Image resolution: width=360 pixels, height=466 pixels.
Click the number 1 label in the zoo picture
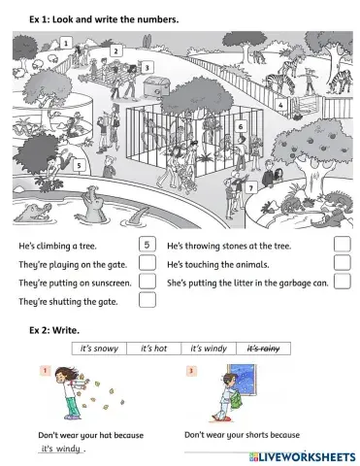(x=64, y=44)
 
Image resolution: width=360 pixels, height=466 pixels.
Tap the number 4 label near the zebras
(x=280, y=105)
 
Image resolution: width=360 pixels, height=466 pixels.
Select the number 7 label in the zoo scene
(x=251, y=186)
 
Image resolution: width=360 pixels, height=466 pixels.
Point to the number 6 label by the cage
(x=241, y=126)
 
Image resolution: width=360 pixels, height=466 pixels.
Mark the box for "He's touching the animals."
(x=342, y=263)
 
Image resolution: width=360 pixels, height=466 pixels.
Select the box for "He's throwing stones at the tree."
(x=342, y=245)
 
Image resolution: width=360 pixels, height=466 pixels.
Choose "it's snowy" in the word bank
(x=99, y=348)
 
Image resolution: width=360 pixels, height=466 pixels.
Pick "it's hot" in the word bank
(x=154, y=348)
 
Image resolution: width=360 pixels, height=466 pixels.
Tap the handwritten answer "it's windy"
(x=61, y=449)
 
